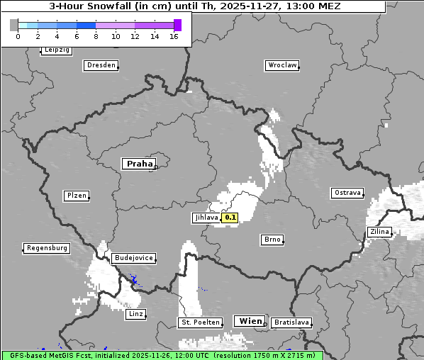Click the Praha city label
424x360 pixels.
click(139, 164)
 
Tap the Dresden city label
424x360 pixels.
click(101, 65)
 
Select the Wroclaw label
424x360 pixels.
click(281, 65)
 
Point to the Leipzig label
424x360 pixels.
click(56, 50)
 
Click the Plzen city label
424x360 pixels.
click(76, 196)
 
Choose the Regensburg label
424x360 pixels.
click(47, 248)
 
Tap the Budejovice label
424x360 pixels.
click(133, 259)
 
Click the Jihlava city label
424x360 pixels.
click(206, 218)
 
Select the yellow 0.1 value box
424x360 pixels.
click(230, 218)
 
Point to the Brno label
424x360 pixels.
click(272, 240)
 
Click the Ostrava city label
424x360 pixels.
click(347, 193)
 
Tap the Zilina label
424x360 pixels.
click(379, 232)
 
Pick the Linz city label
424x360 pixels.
click(135, 313)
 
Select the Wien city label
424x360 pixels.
click(250, 321)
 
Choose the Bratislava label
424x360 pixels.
click(291, 322)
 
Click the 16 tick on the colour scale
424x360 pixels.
click(174, 36)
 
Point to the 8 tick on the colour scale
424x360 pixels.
click(95, 36)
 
